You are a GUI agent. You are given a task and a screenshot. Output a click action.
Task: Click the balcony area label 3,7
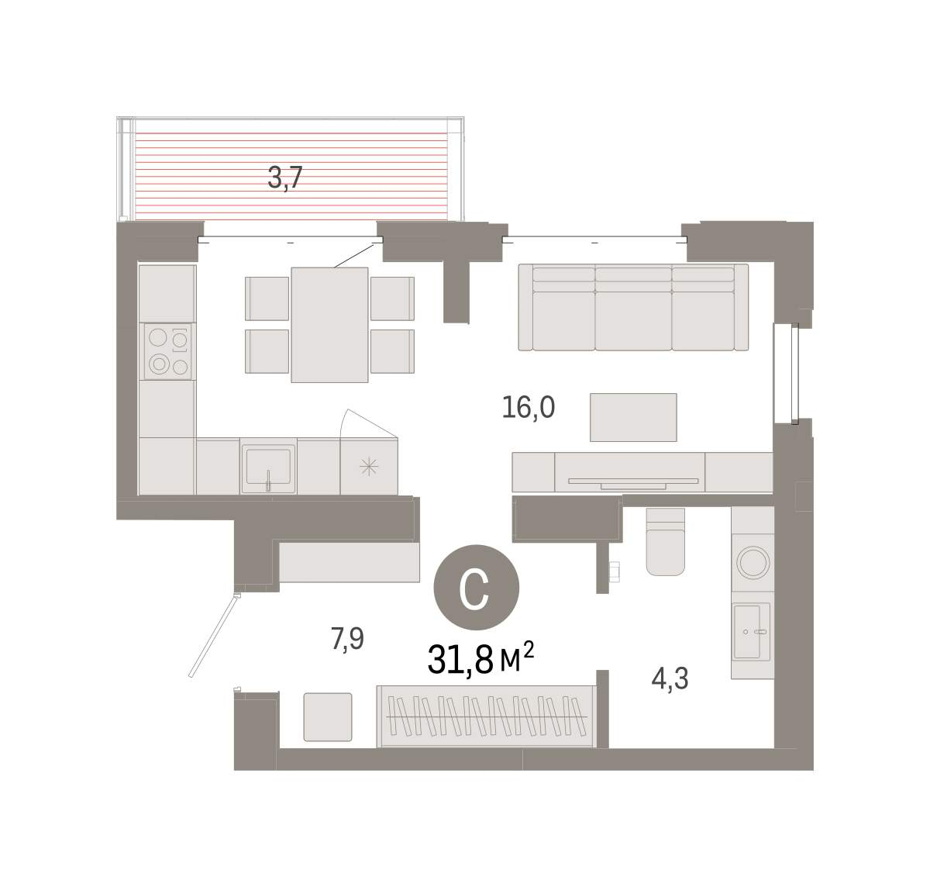[x=284, y=178]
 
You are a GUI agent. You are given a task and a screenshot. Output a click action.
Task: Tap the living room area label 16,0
[x=528, y=407]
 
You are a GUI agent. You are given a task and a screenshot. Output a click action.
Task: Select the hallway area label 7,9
[x=347, y=639]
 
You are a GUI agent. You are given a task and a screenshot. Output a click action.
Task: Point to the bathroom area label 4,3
[x=670, y=678]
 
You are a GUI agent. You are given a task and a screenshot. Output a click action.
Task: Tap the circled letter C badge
[x=477, y=588]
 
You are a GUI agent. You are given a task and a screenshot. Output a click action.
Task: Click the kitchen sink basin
[x=268, y=466]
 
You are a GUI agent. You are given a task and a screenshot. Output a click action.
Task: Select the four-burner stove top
[x=168, y=351]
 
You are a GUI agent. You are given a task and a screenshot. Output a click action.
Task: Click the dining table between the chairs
[x=329, y=325]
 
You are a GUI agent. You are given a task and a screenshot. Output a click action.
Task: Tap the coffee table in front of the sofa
[x=633, y=417]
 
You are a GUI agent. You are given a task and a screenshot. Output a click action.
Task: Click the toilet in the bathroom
[x=666, y=542]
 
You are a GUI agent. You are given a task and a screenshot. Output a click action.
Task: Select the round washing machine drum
[x=753, y=563]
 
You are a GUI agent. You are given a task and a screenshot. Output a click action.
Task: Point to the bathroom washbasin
[x=752, y=631]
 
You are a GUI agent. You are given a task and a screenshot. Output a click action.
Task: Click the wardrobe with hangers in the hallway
[x=486, y=716]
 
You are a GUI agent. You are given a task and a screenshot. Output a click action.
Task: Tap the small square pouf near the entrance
[x=328, y=717]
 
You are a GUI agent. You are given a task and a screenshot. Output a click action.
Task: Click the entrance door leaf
[x=215, y=636]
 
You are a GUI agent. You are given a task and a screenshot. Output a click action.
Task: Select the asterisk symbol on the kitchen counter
[x=369, y=467]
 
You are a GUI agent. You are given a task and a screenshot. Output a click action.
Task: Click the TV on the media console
[x=633, y=483]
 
